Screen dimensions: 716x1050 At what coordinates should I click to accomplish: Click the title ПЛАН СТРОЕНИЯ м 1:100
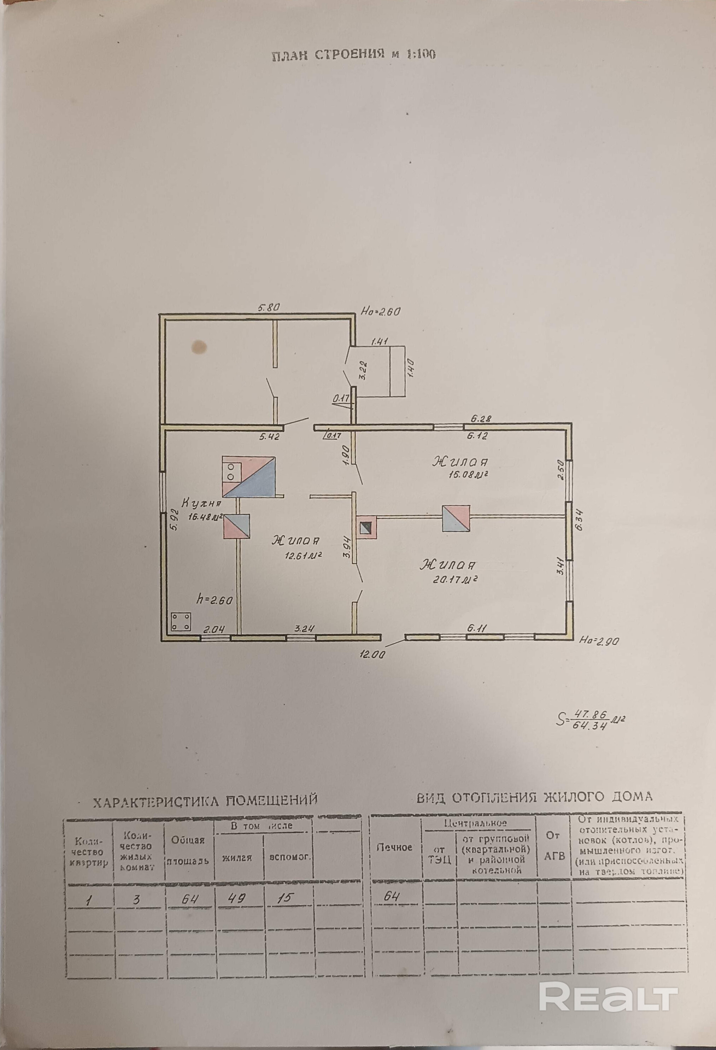click(353, 55)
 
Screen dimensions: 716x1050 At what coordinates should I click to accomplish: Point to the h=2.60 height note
click(215, 600)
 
